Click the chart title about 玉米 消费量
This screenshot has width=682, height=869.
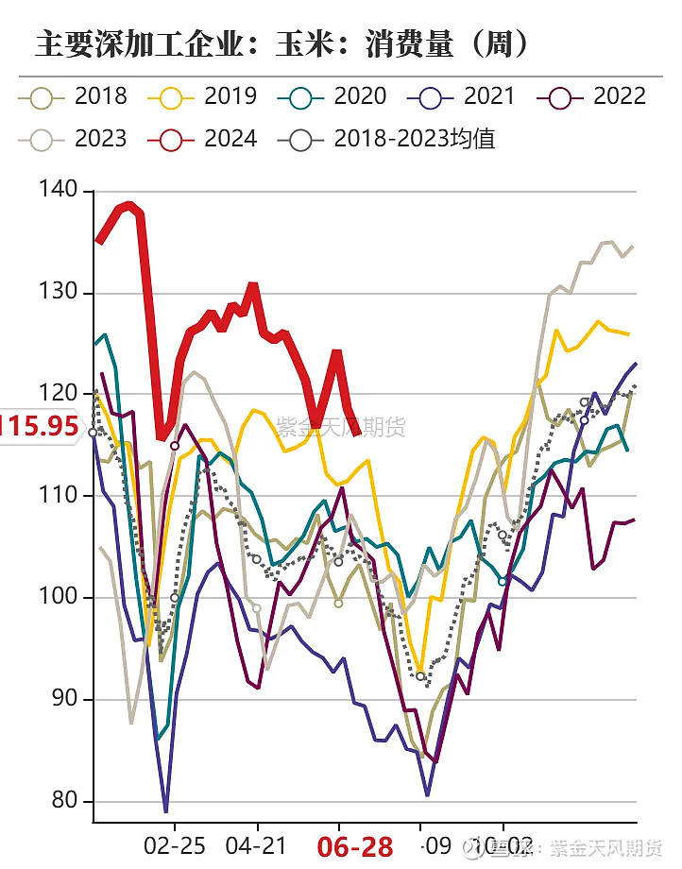tap(281, 43)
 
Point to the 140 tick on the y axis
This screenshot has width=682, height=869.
tap(63, 190)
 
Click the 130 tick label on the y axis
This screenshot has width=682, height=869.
tap(63, 293)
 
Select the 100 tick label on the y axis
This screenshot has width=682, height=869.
tap(63, 598)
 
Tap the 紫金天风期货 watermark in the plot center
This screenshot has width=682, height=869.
tap(340, 426)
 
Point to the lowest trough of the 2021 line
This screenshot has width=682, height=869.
tap(165, 810)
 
